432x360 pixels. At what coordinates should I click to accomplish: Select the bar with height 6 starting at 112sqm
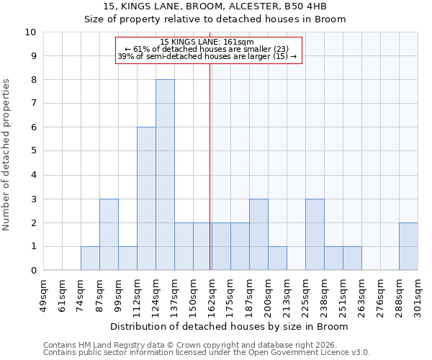point(146,199)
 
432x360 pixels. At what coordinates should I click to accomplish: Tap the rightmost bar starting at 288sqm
point(408,246)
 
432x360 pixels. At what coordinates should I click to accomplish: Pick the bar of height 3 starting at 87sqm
point(109,235)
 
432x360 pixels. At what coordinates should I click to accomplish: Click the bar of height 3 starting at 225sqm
point(315,235)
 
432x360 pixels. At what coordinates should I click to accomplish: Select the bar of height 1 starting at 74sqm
point(90,258)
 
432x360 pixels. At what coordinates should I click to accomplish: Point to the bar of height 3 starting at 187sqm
point(258,235)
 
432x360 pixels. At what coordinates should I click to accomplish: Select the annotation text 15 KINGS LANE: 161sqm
point(207,42)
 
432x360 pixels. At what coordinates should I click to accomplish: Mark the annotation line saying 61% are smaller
point(207,49)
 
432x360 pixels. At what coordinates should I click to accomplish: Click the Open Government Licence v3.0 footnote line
point(207,353)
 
